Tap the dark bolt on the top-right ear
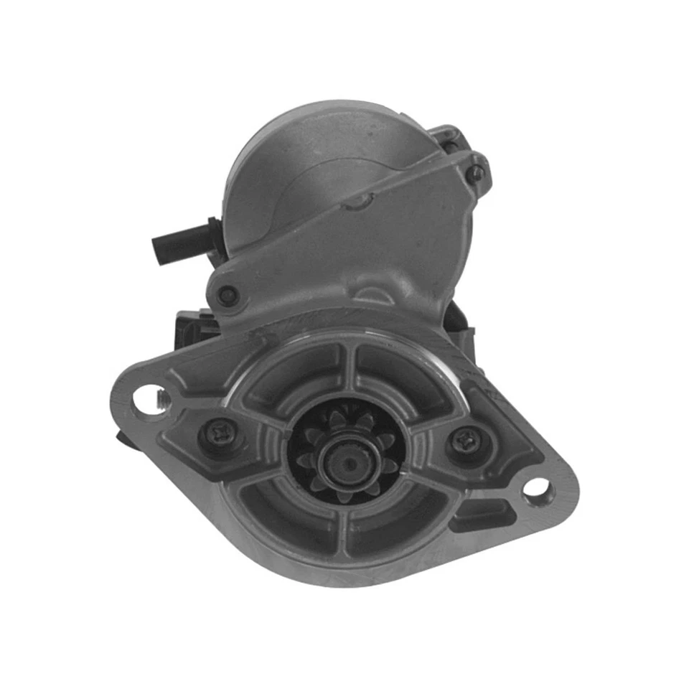(475, 172)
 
